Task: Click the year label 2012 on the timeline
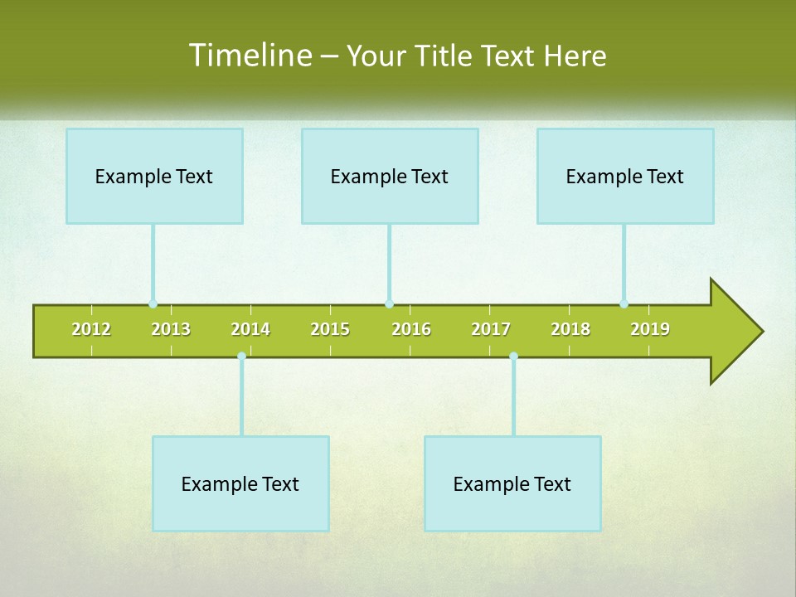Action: (91, 329)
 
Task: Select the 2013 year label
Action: (171, 329)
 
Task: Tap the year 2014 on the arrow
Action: (250, 329)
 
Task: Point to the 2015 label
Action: (330, 329)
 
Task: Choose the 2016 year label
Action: (411, 329)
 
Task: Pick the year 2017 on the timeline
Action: (491, 329)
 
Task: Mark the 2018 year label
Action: (570, 329)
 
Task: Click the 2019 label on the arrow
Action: (650, 329)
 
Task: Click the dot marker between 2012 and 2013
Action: (153, 304)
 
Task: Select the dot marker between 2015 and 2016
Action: (389, 304)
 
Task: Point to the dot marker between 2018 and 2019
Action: (624, 304)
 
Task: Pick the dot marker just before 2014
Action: (241, 357)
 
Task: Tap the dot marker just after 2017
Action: (513, 357)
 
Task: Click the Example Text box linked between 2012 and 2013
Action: (154, 176)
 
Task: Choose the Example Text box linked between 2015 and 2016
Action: (390, 176)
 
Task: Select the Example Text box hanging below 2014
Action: (240, 483)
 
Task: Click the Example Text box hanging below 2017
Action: (512, 483)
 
